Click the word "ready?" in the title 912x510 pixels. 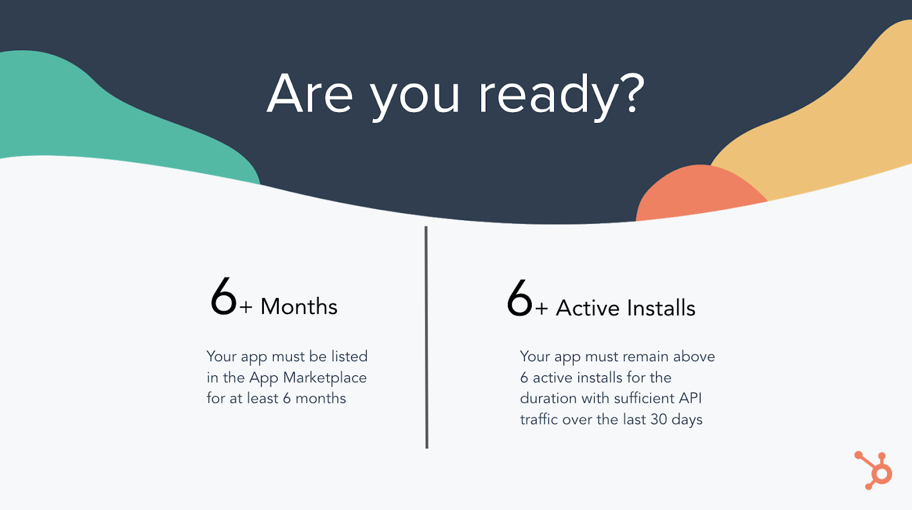click(x=561, y=97)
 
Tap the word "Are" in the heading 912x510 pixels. click(x=310, y=93)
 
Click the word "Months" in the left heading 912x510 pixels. click(x=299, y=307)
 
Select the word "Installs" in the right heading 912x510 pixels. click(x=661, y=308)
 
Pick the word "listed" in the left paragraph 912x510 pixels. click(x=349, y=356)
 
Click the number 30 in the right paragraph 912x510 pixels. click(x=658, y=419)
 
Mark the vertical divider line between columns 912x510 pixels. click(x=426, y=337)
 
